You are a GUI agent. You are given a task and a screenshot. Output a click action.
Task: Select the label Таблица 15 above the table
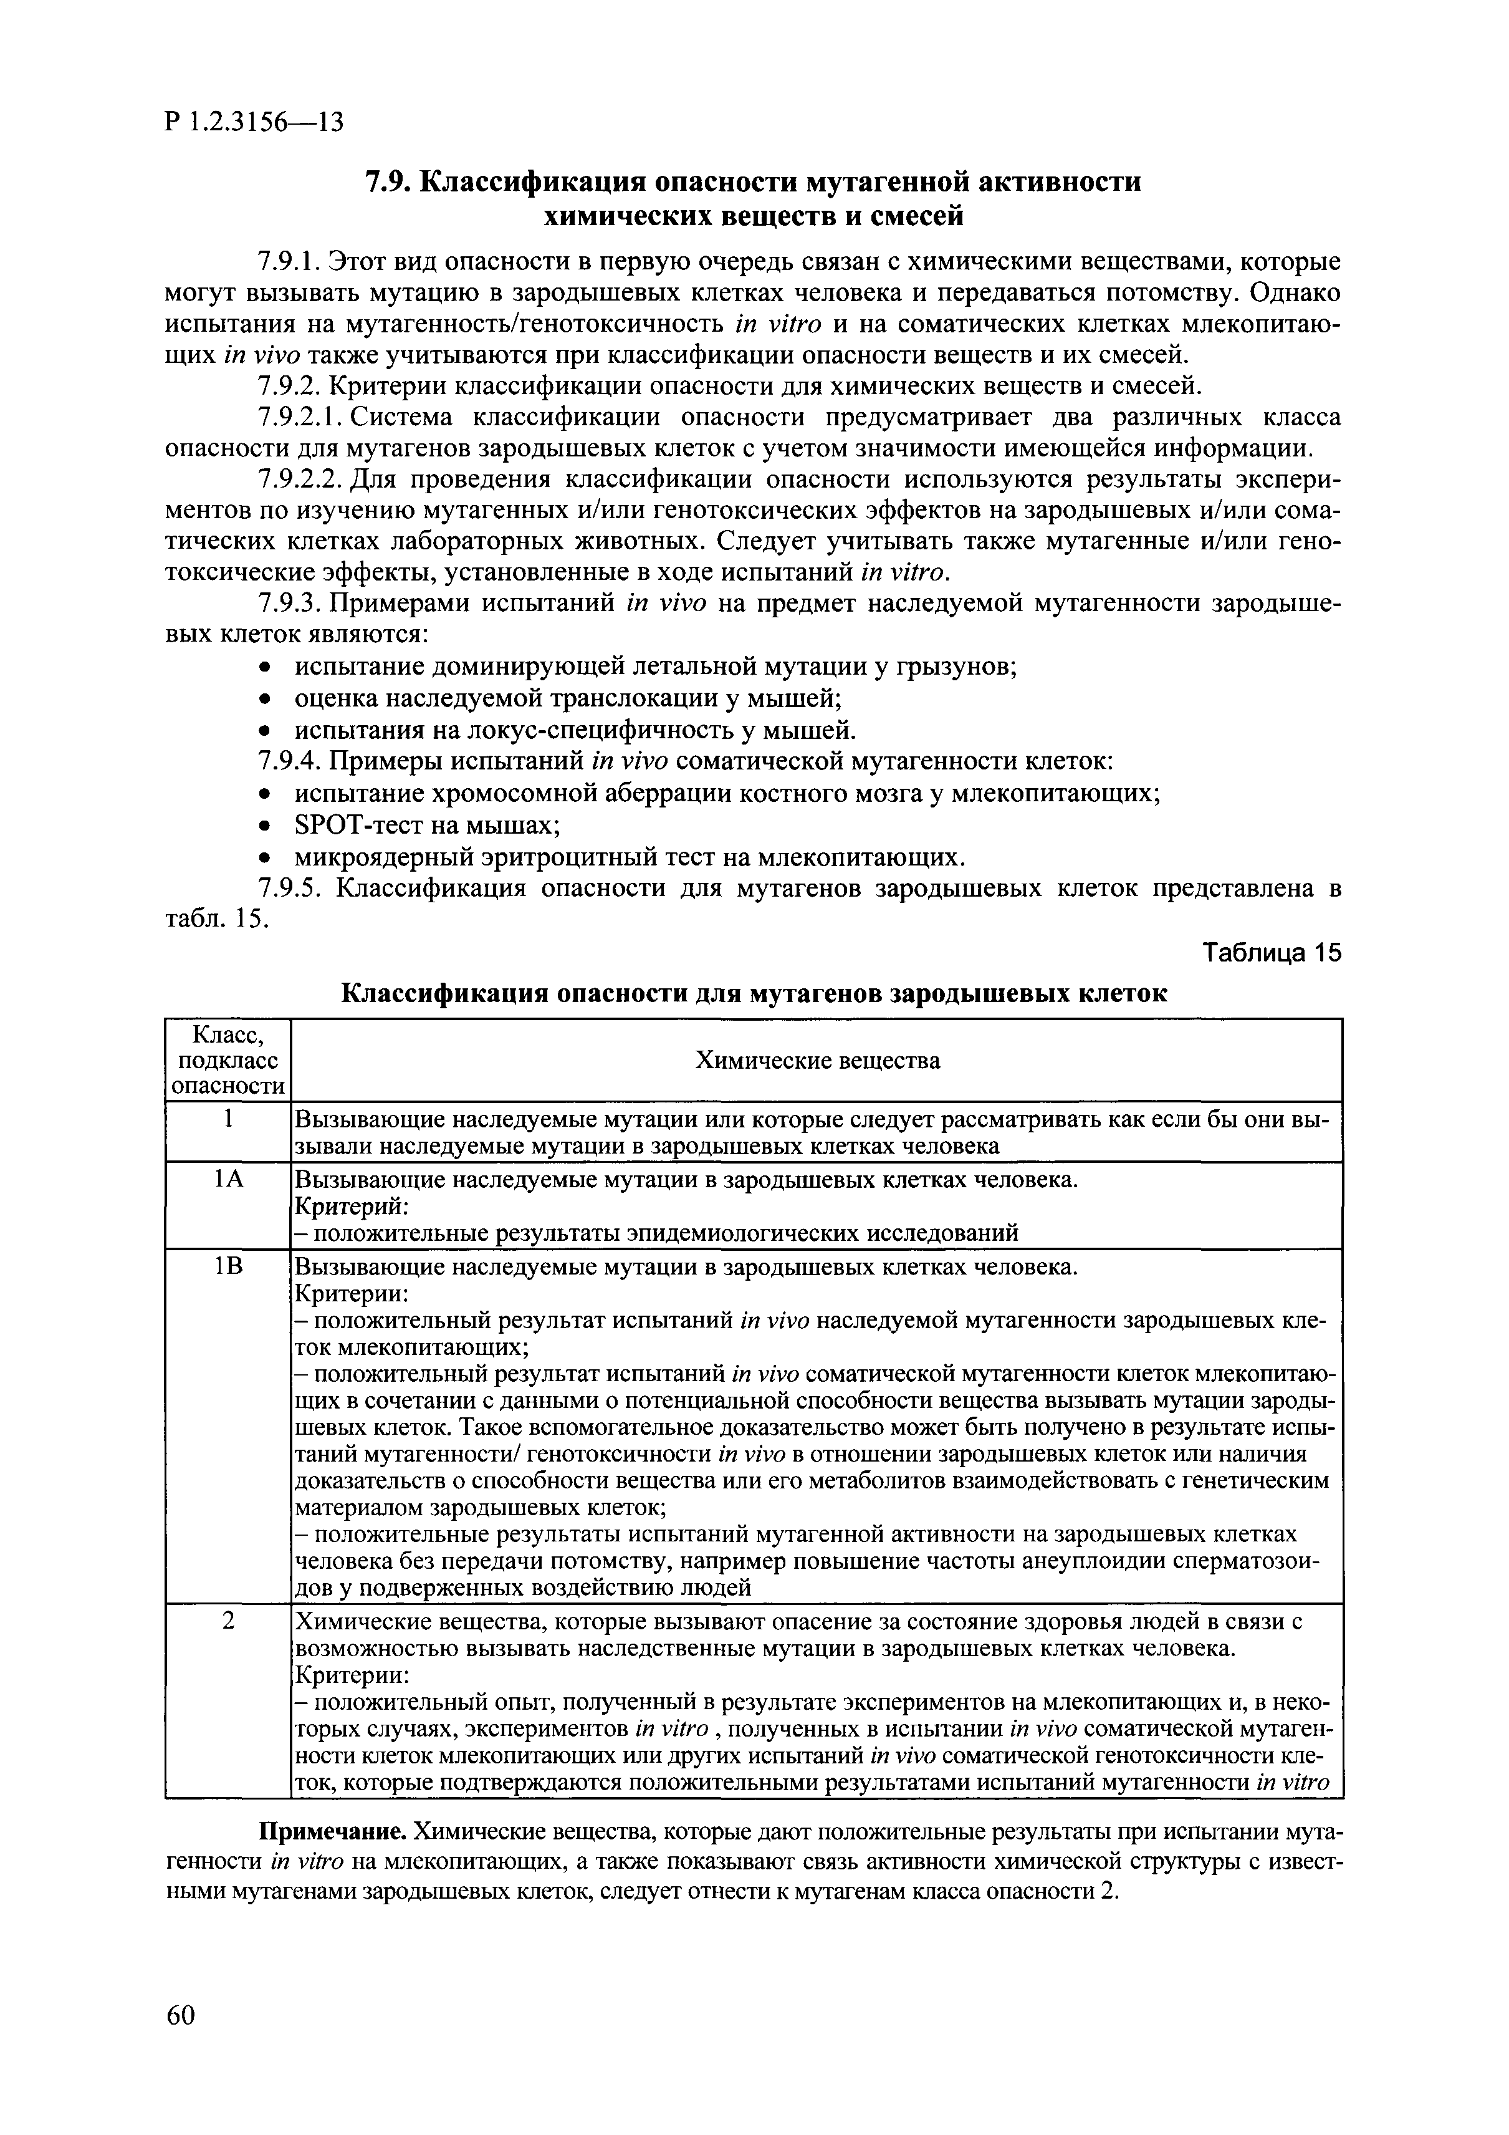click(x=1272, y=953)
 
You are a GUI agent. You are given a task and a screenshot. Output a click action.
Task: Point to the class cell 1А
click(x=228, y=1180)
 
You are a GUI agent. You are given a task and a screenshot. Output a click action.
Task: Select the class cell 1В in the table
click(x=228, y=1268)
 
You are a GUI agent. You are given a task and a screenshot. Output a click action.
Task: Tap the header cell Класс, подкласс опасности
click(x=228, y=1060)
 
